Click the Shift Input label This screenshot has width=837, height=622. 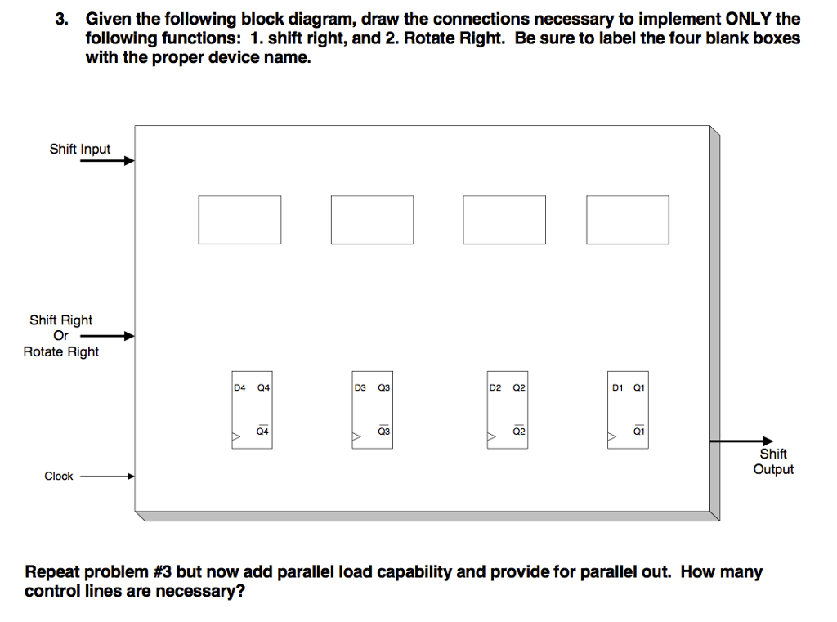(x=79, y=149)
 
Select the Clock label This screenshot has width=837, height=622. (x=59, y=476)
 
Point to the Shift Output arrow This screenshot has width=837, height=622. (x=740, y=441)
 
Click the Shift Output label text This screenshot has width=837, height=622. (x=772, y=462)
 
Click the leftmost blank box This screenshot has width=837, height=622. (x=239, y=219)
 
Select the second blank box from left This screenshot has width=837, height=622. (x=372, y=219)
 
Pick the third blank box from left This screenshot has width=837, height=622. (x=504, y=219)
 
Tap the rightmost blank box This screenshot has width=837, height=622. (x=628, y=219)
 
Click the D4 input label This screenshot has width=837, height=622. (x=239, y=388)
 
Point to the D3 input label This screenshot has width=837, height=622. (x=360, y=388)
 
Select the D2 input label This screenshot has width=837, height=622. (x=495, y=388)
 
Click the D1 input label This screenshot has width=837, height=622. (x=618, y=388)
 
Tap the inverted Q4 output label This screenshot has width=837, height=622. (x=262, y=431)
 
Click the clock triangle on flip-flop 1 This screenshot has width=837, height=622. (x=611, y=438)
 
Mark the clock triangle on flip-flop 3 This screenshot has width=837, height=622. (x=356, y=438)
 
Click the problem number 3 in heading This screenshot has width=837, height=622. (x=60, y=19)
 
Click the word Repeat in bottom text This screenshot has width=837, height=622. (x=53, y=572)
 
